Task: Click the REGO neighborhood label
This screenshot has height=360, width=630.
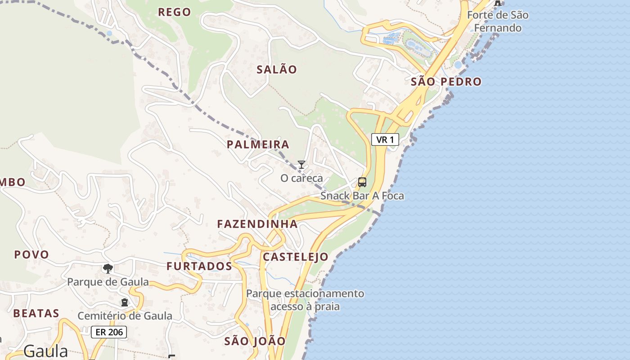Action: [175, 12]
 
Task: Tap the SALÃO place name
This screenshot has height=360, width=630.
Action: [277, 69]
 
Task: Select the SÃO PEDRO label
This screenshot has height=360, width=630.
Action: [446, 81]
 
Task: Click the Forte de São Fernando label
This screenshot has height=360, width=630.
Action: [497, 21]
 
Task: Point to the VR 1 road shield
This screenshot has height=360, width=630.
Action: [385, 139]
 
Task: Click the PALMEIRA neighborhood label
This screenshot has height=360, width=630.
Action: [258, 144]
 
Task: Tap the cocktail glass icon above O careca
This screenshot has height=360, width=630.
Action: [301, 165]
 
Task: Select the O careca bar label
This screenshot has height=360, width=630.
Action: [301, 178]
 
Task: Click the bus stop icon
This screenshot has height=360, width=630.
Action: [362, 182]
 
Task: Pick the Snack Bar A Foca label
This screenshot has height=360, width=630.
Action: [362, 196]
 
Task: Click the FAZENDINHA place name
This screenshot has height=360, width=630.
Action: [257, 224]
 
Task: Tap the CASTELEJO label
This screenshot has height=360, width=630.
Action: [295, 257]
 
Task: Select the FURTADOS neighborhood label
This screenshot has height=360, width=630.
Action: [199, 266]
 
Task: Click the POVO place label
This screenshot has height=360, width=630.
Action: [31, 255]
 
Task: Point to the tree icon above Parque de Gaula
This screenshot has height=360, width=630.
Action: [108, 269]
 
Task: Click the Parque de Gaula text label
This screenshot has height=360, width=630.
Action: [108, 282]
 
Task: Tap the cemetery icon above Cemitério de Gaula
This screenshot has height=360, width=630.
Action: [125, 302]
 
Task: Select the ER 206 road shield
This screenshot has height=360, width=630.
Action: [109, 333]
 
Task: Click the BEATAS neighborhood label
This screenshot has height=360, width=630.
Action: [36, 313]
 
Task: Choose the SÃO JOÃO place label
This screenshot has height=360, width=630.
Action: [255, 341]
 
